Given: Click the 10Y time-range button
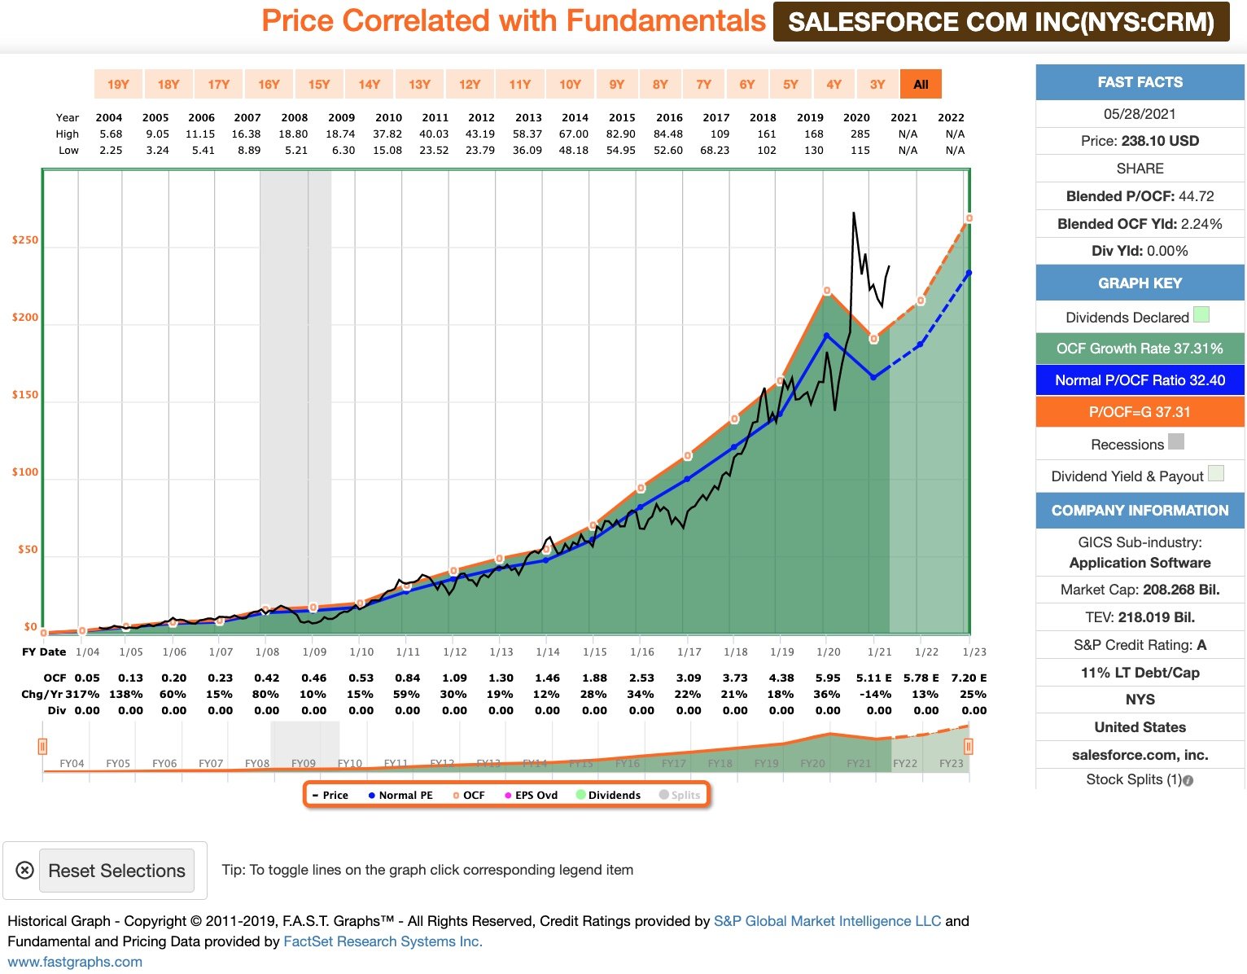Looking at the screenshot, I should click(570, 84).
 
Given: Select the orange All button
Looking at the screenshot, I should click(921, 84).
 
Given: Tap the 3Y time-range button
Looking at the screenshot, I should click(877, 84).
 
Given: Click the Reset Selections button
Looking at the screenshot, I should click(116, 871).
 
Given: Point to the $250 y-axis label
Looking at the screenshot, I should click(24, 240).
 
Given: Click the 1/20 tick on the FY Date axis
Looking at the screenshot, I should click(829, 652).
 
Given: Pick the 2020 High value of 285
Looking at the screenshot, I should click(860, 134).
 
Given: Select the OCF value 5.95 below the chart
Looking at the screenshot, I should click(828, 678).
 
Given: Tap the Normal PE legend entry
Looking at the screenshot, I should click(400, 795).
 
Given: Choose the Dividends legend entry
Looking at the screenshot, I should click(609, 795).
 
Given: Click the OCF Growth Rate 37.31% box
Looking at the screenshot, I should click(1140, 349).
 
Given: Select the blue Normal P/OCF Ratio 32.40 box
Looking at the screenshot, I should click(1140, 380).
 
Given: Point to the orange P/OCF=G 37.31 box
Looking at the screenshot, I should click(1140, 412).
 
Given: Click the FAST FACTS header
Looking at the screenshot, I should click(1140, 82).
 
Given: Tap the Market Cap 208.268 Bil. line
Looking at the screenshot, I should click(1140, 590).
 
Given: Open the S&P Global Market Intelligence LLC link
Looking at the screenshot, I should click(827, 921).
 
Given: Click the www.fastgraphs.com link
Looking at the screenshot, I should click(75, 962).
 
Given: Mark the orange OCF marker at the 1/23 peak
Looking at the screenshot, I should click(969, 218).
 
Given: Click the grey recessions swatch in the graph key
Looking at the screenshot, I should click(1176, 442).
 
